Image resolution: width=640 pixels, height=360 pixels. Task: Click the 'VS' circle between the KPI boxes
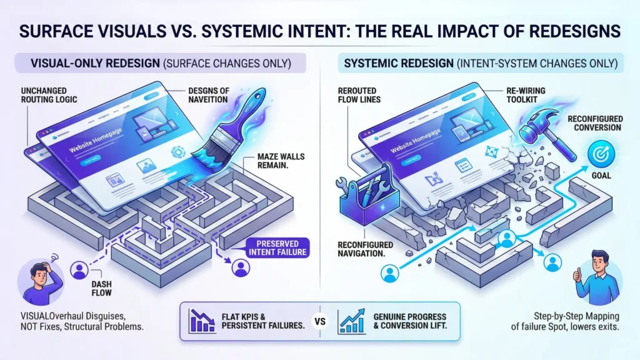[x=320, y=322]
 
